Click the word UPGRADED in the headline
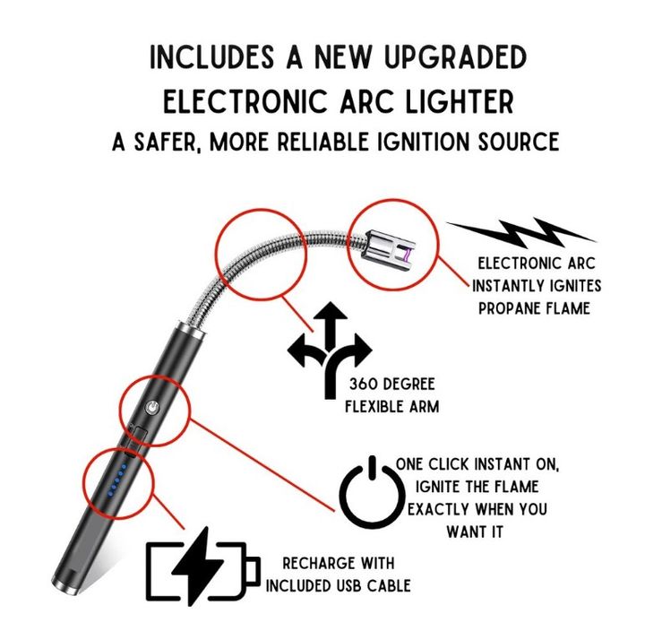coord(455,57)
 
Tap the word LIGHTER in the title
coord(460,101)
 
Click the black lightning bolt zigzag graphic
coord(521,232)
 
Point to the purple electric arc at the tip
coord(407,256)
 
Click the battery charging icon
coord(203,566)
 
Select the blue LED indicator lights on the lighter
coord(116,480)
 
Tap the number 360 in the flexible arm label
coord(363,384)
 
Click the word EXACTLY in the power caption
coord(437,509)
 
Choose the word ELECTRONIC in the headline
coord(245,101)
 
